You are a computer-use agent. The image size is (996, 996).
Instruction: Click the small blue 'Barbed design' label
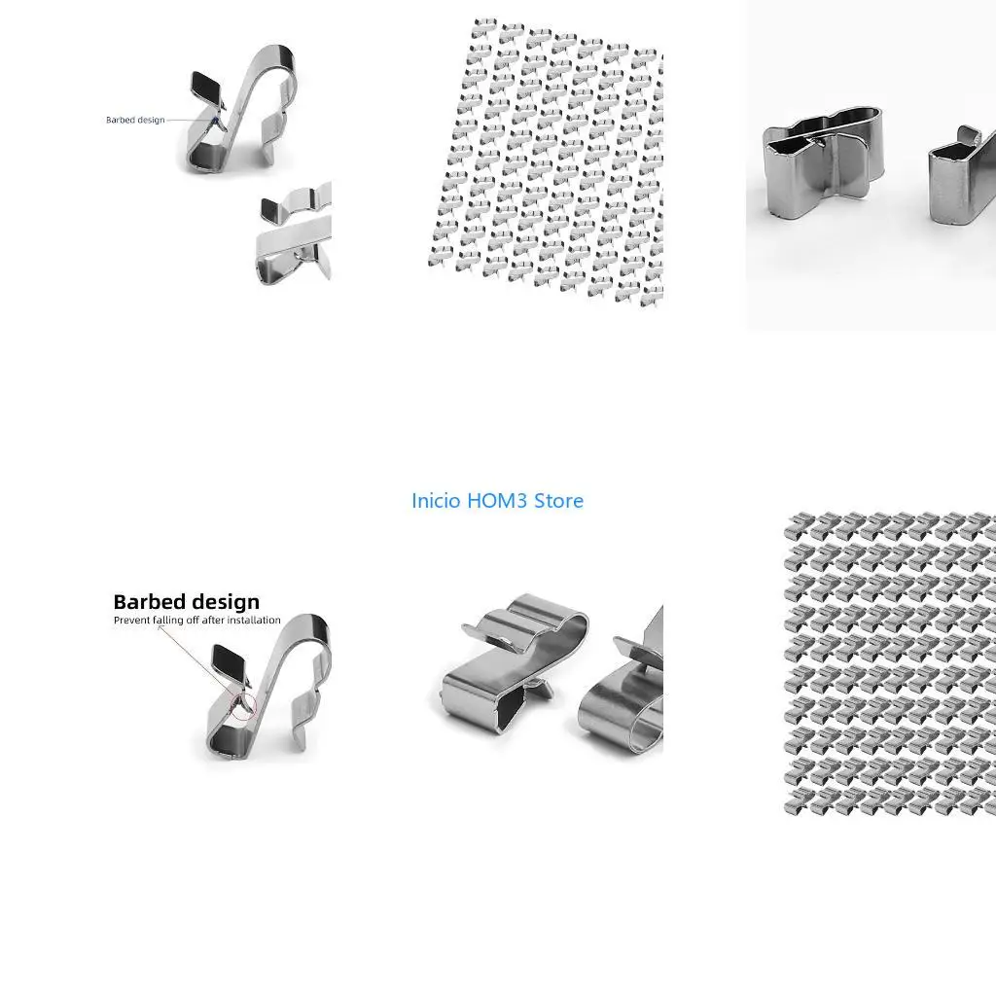click(135, 120)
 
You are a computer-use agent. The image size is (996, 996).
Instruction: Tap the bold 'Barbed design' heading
click(186, 601)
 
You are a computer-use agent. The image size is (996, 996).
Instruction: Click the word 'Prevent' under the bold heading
click(131, 620)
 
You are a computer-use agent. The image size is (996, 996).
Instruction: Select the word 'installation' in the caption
click(254, 620)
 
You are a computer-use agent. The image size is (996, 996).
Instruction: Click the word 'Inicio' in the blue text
click(436, 501)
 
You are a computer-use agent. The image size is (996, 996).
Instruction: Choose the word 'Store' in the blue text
click(558, 501)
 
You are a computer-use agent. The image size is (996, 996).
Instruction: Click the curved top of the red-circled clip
click(312, 625)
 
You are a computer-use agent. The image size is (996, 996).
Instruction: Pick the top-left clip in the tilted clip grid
click(483, 27)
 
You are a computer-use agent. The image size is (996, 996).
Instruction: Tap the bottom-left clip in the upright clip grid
click(800, 801)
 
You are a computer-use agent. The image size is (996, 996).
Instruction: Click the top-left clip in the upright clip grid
click(800, 526)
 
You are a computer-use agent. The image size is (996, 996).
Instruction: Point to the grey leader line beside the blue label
click(191, 120)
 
